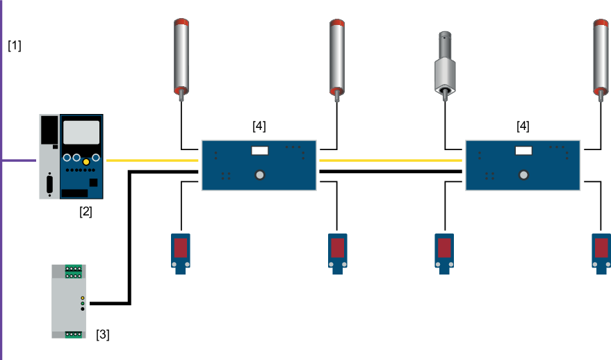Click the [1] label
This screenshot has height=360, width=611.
point(15,47)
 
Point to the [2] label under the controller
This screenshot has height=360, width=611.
point(85,212)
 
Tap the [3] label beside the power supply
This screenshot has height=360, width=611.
point(102,335)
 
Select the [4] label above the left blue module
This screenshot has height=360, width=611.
point(259,126)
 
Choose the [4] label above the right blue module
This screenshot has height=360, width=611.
point(523,126)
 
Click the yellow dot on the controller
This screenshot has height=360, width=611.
point(86,161)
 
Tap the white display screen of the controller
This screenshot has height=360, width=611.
point(81,132)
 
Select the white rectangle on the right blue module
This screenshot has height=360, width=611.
point(523,150)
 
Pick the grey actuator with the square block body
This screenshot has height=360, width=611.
point(445,69)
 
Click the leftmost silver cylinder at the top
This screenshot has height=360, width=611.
point(181,56)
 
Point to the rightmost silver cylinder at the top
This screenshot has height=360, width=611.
point(601,56)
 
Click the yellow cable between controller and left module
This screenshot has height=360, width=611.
point(153,161)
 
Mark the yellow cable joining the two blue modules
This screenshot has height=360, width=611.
point(391,161)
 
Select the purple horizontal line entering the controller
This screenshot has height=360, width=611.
point(19,161)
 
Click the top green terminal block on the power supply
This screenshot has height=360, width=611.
point(74,271)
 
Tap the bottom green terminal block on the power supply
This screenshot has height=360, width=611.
point(74,334)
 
